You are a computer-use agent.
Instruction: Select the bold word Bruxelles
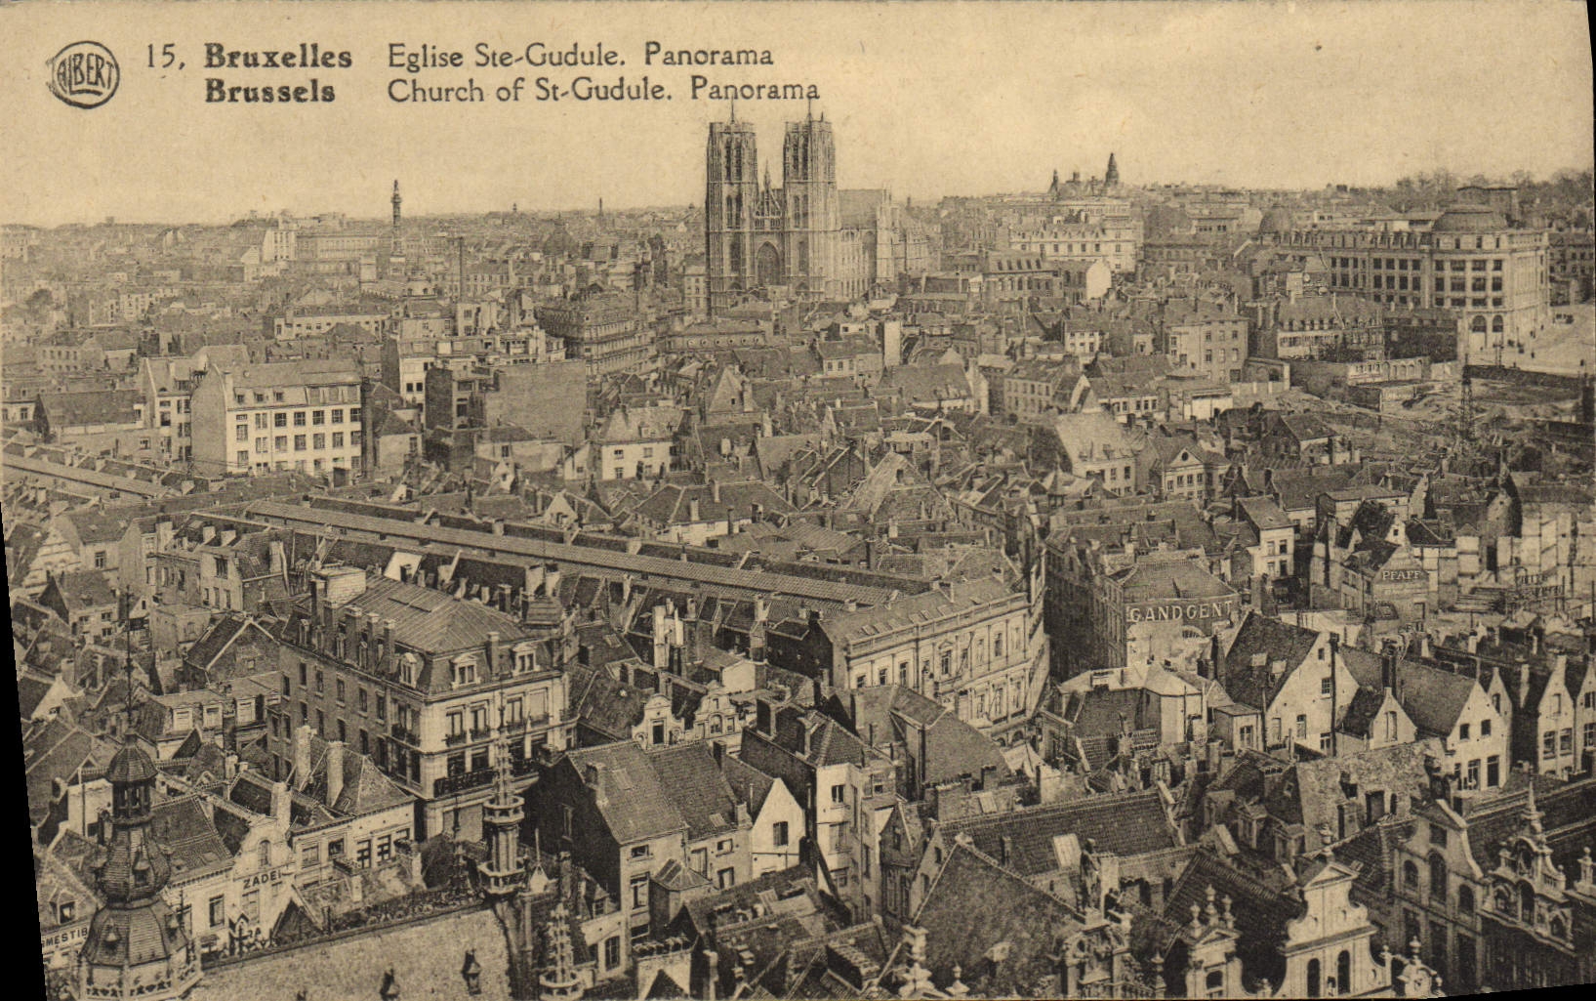click(277, 57)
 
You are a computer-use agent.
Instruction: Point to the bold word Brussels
click(269, 92)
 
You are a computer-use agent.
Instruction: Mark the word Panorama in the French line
click(708, 56)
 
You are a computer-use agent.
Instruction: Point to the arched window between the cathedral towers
click(768, 263)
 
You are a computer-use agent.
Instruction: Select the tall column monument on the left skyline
click(396, 220)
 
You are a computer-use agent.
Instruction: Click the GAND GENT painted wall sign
click(1179, 612)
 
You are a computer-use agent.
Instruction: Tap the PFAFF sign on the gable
click(1402, 575)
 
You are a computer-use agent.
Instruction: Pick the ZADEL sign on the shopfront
click(261, 878)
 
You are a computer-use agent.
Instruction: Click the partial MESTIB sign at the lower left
click(64, 933)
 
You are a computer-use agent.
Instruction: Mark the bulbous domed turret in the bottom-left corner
click(132, 859)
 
